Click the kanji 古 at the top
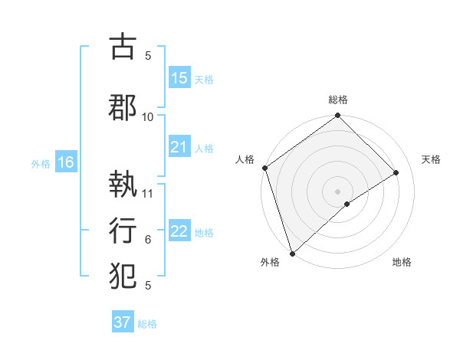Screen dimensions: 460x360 pos(123,47)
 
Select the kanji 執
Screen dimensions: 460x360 pos(123,185)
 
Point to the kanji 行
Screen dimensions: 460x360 pos(123,229)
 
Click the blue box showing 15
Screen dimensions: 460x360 pos(179,78)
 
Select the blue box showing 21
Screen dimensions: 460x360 pos(179,147)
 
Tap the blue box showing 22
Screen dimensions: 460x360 pos(179,231)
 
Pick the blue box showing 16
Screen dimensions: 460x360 pos(65,162)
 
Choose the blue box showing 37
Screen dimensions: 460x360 pos(123,322)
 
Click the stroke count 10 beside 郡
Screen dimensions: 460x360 pos(148,116)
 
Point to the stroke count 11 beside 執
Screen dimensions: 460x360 pos(148,193)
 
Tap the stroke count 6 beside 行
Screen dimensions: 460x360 pos(148,240)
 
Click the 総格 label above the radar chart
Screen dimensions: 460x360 pos(338,100)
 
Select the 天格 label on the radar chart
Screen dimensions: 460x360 pos(432,159)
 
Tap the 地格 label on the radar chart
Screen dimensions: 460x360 pos(402,262)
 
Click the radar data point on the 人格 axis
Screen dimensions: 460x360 pos(264,168)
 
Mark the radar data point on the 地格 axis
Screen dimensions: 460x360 pos(347,204)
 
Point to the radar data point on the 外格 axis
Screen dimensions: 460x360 pos(292,252)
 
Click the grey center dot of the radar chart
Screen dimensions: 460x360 pos(337,190)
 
